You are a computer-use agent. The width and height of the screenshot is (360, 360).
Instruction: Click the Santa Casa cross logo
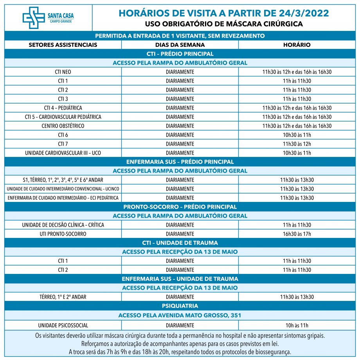34,18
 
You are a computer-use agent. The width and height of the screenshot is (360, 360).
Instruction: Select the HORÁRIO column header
297,45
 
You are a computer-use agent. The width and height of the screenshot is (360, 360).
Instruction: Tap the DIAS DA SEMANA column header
180,45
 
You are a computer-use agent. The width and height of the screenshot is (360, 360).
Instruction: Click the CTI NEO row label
63,72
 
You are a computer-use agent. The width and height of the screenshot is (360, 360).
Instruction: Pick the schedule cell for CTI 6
297,135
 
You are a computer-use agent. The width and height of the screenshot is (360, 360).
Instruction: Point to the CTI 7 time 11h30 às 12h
297,144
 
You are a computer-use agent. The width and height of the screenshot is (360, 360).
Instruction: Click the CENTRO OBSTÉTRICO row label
63,126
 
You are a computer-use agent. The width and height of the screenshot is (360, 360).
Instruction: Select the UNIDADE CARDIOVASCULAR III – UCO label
63,153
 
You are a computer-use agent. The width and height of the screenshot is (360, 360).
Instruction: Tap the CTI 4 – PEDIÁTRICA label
63,108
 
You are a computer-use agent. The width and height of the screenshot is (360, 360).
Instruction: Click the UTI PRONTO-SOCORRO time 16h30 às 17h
297,234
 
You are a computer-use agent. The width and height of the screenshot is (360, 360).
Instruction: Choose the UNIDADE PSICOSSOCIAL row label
63,325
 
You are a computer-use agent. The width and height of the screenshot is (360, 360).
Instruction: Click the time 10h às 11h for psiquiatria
297,325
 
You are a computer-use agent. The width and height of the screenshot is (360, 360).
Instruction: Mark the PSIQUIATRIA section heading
180,306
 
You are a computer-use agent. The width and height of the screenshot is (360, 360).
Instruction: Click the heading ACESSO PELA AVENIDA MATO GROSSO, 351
180,315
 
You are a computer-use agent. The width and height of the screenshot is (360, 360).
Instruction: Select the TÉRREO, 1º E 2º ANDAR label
63,297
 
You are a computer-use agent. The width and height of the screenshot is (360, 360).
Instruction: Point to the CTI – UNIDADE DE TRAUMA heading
180,243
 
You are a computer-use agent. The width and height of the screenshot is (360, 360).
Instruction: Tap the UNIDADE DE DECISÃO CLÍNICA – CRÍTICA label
63,225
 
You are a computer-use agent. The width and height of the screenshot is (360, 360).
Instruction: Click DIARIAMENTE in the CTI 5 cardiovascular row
180,117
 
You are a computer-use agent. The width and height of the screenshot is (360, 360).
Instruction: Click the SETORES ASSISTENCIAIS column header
63,45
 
